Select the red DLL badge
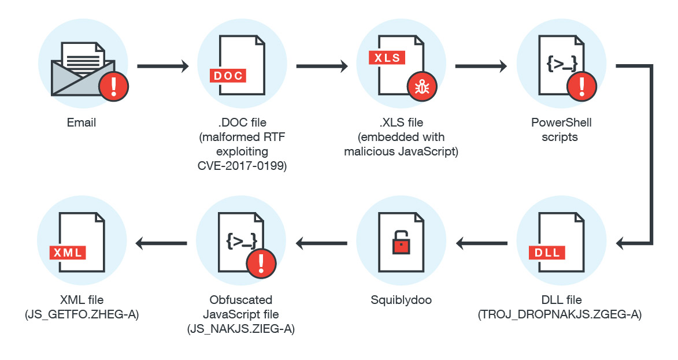547,253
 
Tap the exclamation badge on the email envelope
113,87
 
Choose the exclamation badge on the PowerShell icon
581,87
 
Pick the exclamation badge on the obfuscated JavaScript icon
261,264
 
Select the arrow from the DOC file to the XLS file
322,66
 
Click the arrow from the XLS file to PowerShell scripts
481,66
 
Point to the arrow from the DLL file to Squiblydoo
482,243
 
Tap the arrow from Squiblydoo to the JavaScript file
322,243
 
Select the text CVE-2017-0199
242,165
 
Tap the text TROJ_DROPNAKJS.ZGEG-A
560,315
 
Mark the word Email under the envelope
81,123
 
